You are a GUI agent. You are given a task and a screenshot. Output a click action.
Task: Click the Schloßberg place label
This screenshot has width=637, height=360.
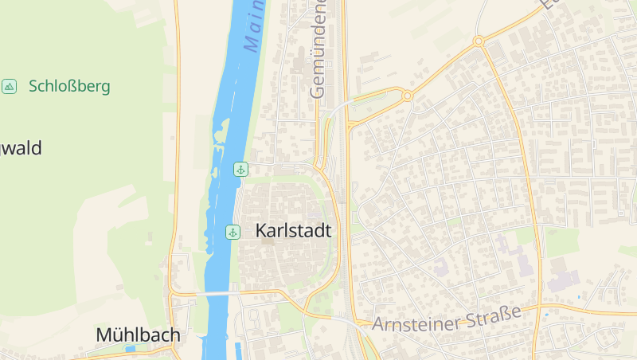pos(69,86)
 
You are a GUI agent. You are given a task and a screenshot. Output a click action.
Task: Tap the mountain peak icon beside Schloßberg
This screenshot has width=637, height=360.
pos(10,86)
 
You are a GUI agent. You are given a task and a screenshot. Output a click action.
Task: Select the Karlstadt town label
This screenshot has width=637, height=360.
pos(293,230)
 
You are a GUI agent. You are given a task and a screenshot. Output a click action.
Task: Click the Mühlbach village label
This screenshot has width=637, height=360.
pos(138,335)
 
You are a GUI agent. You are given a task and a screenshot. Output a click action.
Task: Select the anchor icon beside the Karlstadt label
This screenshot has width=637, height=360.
pos(233,232)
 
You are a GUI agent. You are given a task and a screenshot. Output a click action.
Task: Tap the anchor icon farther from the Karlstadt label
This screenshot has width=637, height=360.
pos(240,169)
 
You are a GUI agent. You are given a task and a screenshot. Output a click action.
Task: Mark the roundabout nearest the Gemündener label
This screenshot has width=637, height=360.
pos(407,96)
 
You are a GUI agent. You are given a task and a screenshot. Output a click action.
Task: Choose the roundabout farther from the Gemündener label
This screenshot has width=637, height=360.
pos(479,41)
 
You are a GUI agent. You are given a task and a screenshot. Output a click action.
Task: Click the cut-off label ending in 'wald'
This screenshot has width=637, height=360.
pos(21,148)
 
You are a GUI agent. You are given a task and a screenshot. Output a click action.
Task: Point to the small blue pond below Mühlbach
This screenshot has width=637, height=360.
pos(130,349)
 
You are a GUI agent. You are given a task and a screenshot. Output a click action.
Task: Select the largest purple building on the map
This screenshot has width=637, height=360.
pos(563,281)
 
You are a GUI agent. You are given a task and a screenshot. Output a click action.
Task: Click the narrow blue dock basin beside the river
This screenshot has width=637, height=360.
pos(239,350)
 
